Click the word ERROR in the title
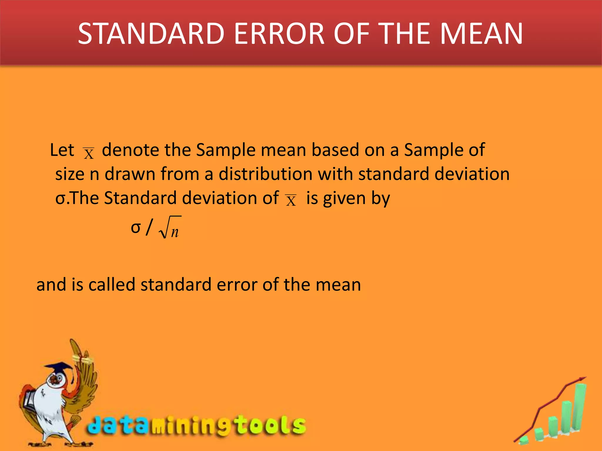(x=279, y=34)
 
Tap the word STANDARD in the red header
(x=151, y=34)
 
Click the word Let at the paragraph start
(x=62, y=150)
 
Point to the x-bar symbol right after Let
(x=88, y=153)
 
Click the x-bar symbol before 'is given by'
(x=291, y=201)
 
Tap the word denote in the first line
(x=130, y=150)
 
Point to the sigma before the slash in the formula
(x=136, y=228)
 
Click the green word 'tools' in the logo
(x=270, y=425)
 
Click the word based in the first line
(x=335, y=150)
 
